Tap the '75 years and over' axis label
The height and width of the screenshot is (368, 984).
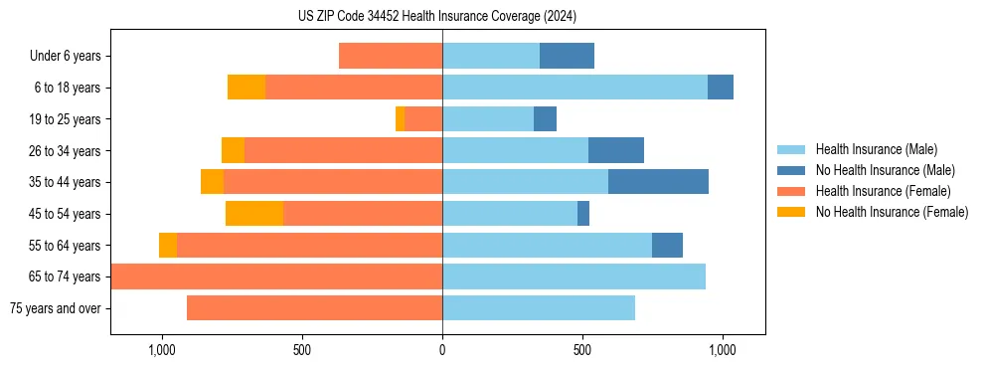[56, 308]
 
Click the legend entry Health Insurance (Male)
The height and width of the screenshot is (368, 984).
[876, 149]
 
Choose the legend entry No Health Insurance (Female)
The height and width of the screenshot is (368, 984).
[892, 212]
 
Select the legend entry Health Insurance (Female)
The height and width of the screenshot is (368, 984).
[884, 191]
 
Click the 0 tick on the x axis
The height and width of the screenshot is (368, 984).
[442, 350]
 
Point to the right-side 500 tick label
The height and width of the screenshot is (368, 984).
[582, 350]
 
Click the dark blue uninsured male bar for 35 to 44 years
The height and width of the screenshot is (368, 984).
[658, 182]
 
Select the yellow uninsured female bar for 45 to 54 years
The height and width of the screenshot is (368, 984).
[254, 214]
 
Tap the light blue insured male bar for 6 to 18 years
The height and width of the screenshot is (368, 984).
[574, 88]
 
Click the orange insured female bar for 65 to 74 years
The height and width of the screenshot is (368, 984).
[276, 276]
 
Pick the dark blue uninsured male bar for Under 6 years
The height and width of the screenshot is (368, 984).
[567, 56]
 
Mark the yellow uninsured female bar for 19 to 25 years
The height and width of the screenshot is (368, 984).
[400, 119]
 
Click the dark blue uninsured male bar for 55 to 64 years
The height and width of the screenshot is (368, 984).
[667, 246]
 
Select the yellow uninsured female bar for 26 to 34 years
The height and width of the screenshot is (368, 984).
[233, 150]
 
